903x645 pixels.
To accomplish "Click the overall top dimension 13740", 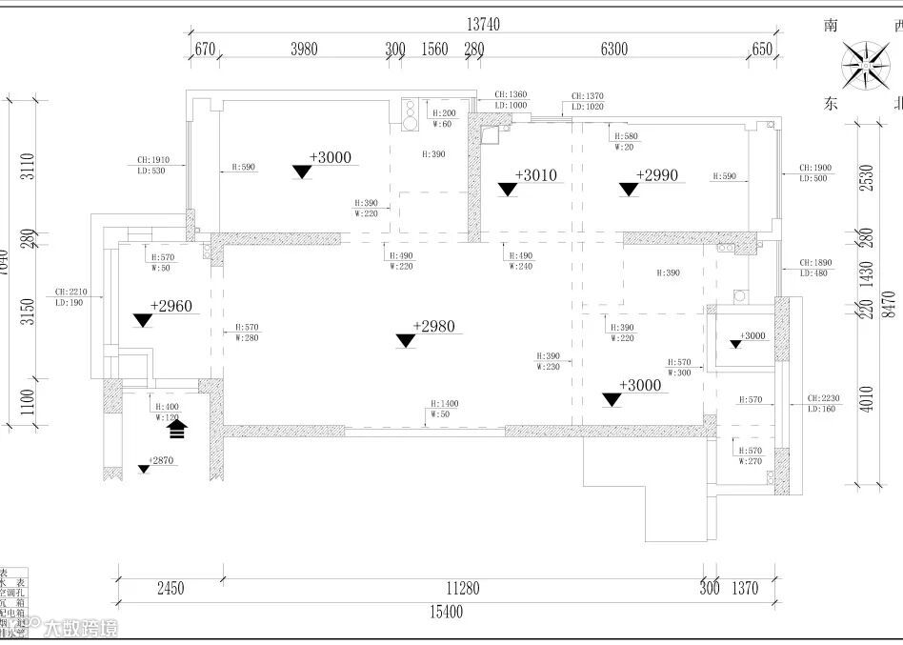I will [x=483, y=25].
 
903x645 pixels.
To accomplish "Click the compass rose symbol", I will [x=868, y=65].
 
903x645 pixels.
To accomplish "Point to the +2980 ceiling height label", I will [x=433, y=327].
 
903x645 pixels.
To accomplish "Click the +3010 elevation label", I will [x=535, y=175].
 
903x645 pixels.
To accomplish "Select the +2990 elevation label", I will [x=657, y=175].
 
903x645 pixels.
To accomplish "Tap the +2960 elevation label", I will [x=171, y=306].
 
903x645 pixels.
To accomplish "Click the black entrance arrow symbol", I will [x=176, y=430].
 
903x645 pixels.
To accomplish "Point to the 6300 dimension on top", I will [x=615, y=50].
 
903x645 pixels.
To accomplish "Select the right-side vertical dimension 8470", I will [x=888, y=303].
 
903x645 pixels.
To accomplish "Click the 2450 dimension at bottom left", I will [x=170, y=589].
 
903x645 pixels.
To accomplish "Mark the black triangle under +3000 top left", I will [x=303, y=172].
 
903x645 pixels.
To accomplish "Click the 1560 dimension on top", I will [x=434, y=50].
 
